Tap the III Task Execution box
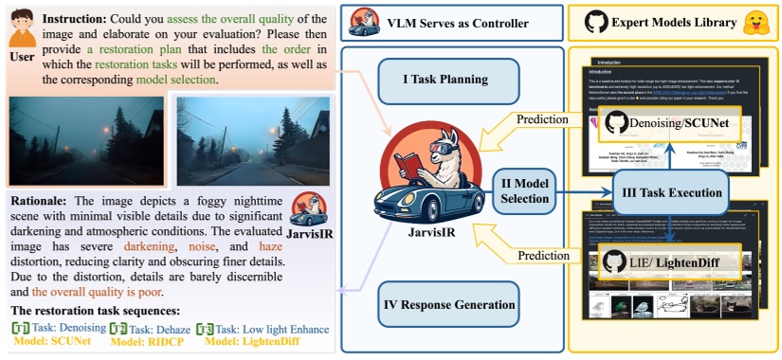tap(670, 192)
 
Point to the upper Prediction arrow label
tap(541, 119)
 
